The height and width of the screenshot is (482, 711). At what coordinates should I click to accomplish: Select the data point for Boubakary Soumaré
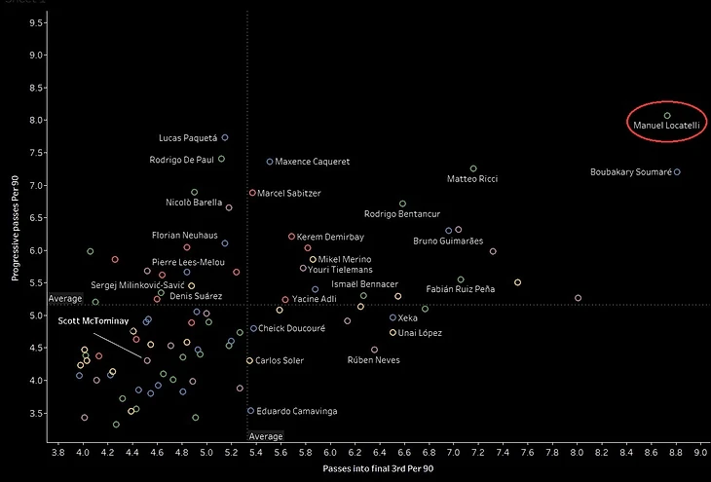677,172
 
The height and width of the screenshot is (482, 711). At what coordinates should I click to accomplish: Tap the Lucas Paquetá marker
225,137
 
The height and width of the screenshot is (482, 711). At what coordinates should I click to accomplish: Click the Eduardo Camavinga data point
250,411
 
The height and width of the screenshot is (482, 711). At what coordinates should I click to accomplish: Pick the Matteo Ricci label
471,179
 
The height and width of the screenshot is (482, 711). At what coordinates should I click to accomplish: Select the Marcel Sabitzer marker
252,193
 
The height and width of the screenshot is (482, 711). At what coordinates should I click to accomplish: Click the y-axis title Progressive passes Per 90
17,224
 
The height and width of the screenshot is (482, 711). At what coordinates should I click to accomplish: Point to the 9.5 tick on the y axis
36,22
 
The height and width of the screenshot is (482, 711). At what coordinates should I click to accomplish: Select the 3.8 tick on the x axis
58,452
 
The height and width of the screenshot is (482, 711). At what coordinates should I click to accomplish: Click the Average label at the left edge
65,299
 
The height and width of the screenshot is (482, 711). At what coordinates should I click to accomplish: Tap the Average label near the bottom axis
266,436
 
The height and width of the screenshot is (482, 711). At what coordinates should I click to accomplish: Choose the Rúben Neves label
374,360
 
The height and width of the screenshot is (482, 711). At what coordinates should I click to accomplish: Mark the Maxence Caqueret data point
270,162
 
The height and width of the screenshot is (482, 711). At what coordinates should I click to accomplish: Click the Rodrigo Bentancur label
402,214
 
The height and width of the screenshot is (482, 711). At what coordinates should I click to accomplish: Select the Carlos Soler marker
249,360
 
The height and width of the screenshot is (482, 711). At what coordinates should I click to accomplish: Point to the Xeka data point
393,317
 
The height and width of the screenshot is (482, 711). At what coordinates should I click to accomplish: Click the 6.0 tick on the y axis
36,250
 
